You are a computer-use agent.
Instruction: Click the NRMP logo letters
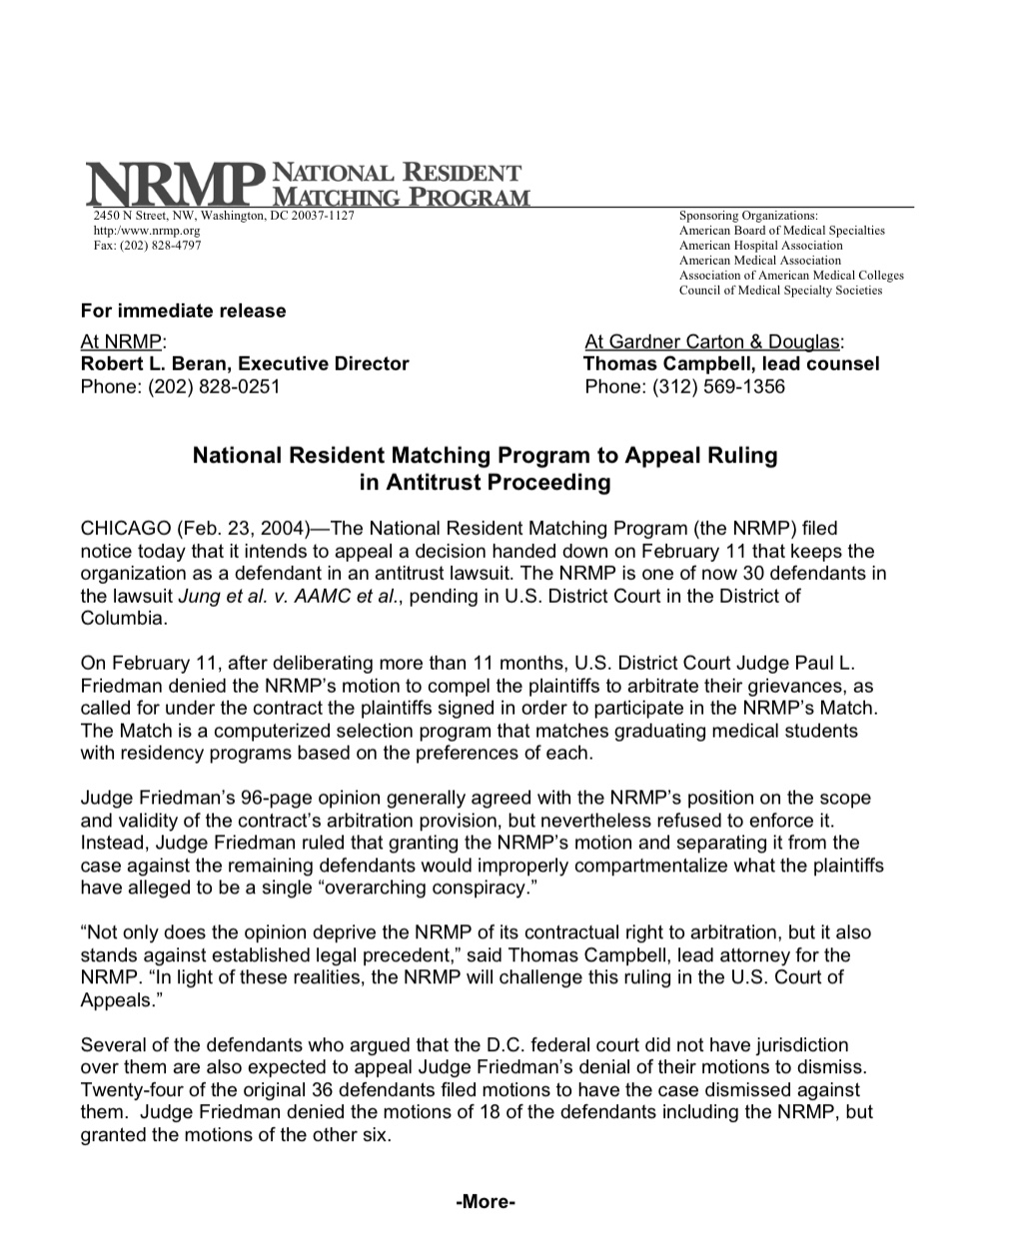(x=170, y=184)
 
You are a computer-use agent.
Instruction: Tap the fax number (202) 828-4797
(x=140, y=246)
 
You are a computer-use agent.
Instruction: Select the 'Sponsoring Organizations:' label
(x=748, y=216)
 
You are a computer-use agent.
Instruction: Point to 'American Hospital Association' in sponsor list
(x=760, y=246)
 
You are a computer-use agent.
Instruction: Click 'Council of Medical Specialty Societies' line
(x=780, y=291)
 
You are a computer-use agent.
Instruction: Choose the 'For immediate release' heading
(x=183, y=311)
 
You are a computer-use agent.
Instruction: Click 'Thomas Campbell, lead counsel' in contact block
(x=731, y=363)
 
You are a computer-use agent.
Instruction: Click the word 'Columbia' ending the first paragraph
(x=123, y=618)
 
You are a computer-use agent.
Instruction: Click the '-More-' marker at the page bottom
(x=485, y=1202)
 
